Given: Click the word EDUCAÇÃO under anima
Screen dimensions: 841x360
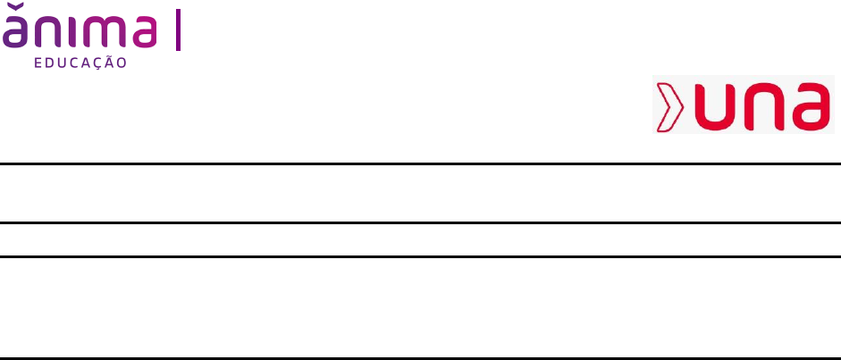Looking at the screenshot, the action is click(x=80, y=63).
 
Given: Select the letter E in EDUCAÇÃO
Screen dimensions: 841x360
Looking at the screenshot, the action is click(x=38, y=63).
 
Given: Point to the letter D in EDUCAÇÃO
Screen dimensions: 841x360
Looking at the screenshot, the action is click(x=49, y=63).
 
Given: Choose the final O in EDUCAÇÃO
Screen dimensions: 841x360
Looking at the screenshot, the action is click(x=122, y=63).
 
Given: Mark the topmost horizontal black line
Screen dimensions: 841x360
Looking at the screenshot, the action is click(x=420, y=164).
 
